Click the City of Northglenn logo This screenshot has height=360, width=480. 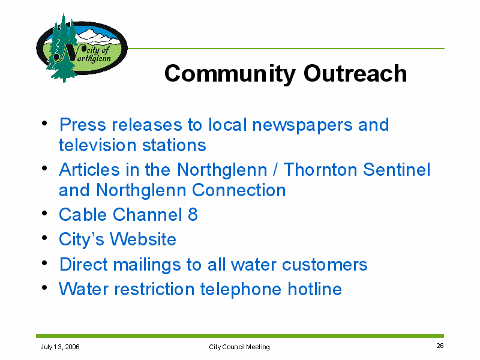tap(82, 47)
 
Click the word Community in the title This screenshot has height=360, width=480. tap(230, 74)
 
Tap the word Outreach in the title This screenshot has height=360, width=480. tap(355, 73)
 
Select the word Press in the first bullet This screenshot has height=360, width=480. tap(83, 125)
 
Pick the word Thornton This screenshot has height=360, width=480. tap(320, 170)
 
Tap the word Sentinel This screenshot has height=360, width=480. tap(397, 170)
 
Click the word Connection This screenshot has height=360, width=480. tap(239, 190)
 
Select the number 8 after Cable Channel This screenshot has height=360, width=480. tap(193, 214)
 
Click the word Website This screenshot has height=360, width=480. tap(143, 239)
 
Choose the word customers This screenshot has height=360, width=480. tap(325, 265)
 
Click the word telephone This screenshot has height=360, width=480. tap(241, 290)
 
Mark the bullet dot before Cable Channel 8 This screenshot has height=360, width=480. tap(44, 213)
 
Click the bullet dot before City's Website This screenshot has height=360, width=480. tap(44, 238)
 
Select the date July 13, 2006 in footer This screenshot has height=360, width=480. tap(60, 347)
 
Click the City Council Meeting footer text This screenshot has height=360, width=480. tap(239, 347)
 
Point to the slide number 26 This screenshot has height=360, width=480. tap(440, 346)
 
